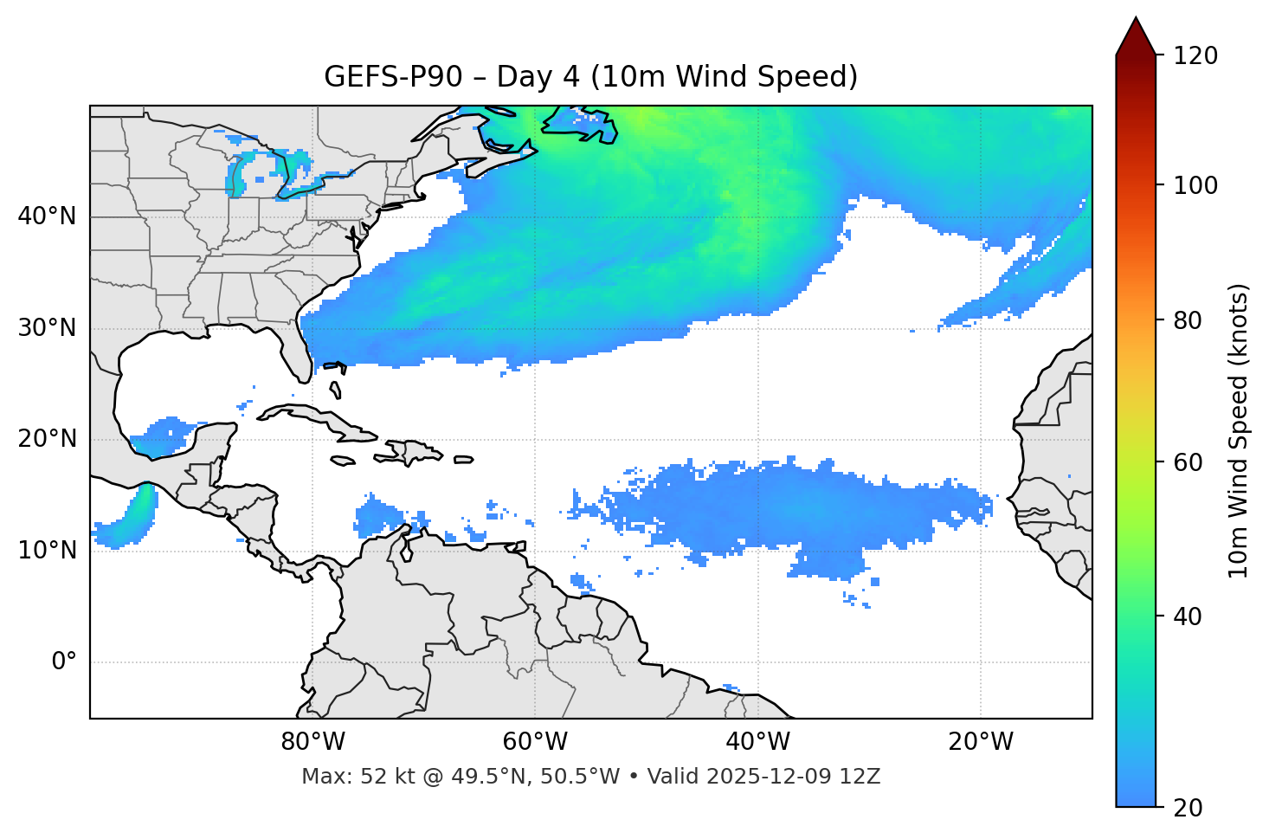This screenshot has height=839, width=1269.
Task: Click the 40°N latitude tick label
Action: click(47, 216)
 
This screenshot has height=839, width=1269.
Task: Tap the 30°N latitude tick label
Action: click(47, 328)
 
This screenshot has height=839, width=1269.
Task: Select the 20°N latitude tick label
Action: click(47, 439)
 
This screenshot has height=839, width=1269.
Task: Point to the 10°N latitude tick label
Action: click(47, 551)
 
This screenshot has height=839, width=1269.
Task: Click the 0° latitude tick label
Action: click(64, 662)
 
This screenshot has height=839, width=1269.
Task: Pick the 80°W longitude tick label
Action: click(312, 742)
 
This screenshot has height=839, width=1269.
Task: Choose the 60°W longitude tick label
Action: click(535, 742)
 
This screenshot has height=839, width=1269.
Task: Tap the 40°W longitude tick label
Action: click(757, 742)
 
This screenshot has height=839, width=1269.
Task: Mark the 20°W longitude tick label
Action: click(980, 742)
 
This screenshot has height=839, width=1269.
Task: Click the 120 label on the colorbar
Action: click(1195, 56)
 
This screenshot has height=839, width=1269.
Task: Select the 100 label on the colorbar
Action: click(1195, 185)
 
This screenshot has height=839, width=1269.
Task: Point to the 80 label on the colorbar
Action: click(1188, 320)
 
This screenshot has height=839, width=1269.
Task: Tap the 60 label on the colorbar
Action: click(1188, 462)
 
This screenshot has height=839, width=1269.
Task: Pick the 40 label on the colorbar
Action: click(1188, 616)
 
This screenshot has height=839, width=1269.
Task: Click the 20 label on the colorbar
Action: click(1188, 808)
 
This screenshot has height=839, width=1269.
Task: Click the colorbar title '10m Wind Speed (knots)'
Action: click(1239, 431)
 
